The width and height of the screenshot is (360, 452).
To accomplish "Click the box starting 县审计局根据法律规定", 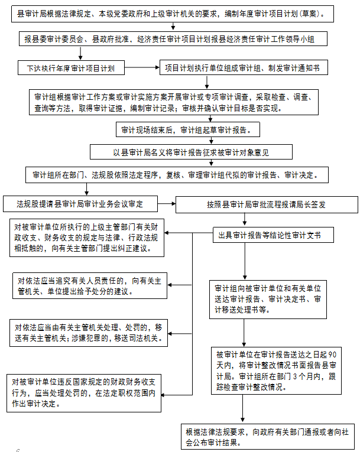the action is [173, 14].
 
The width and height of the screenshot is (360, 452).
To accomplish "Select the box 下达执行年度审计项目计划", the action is [72, 68].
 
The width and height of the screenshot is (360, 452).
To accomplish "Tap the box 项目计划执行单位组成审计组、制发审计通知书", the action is [244, 67].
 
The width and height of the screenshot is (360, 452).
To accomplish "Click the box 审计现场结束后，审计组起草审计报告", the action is [188, 129].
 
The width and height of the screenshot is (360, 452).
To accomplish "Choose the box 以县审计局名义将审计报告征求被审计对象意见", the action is [191, 152].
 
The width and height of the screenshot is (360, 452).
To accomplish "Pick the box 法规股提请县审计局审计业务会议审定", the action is [80, 204].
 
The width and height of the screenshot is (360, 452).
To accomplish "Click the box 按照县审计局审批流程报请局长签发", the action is [267, 204].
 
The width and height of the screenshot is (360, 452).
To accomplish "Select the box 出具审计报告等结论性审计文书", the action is [273, 235].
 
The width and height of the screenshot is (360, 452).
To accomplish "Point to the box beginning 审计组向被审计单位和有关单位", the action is [268, 300].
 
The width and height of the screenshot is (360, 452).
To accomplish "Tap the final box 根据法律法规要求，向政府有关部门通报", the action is [268, 437].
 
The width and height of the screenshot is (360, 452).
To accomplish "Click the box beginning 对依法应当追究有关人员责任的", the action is [90, 285].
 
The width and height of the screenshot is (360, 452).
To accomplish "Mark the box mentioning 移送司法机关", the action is [89, 333].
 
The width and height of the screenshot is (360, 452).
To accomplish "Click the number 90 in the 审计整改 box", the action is [332, 355].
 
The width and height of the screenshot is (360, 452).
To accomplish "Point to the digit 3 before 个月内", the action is [295, 376].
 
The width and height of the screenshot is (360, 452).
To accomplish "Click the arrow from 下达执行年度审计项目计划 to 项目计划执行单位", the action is [142, 67].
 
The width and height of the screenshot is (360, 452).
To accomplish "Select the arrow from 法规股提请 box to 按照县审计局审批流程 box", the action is [167, 203].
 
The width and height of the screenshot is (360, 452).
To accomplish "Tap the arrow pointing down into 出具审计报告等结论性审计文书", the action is [245, 219].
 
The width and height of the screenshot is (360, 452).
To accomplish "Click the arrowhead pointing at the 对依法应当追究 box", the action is [169, 285].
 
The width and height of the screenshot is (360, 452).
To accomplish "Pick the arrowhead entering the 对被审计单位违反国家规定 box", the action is [163, 395].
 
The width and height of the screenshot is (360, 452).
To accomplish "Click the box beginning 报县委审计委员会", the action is [173, 38].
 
